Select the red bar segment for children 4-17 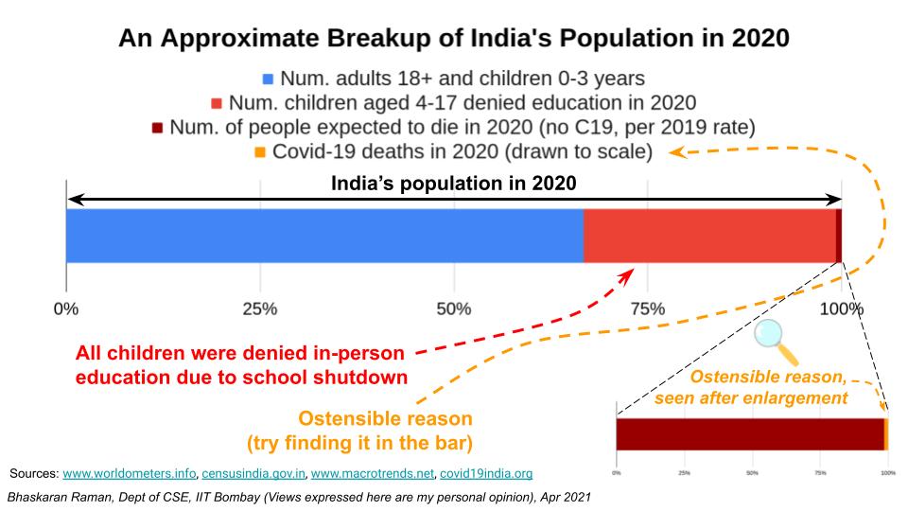pyautogui.click(x=709, y=236)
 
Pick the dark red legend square pyautogui.click(x=158, y=128)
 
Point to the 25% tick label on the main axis pyautogui.click(x=260, y=309)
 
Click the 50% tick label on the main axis pyautogui.click(x=454, y=309)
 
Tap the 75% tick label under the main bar pyautogui.click(x=648, y=309)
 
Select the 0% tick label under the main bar pyautogui.click(x=66, y=309)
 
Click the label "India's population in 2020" pyautogui.click(x=453, y=184)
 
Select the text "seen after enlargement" pyautogui.click(x=751, y=397)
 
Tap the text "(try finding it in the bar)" pyautogui.click(x=359, y=442)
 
